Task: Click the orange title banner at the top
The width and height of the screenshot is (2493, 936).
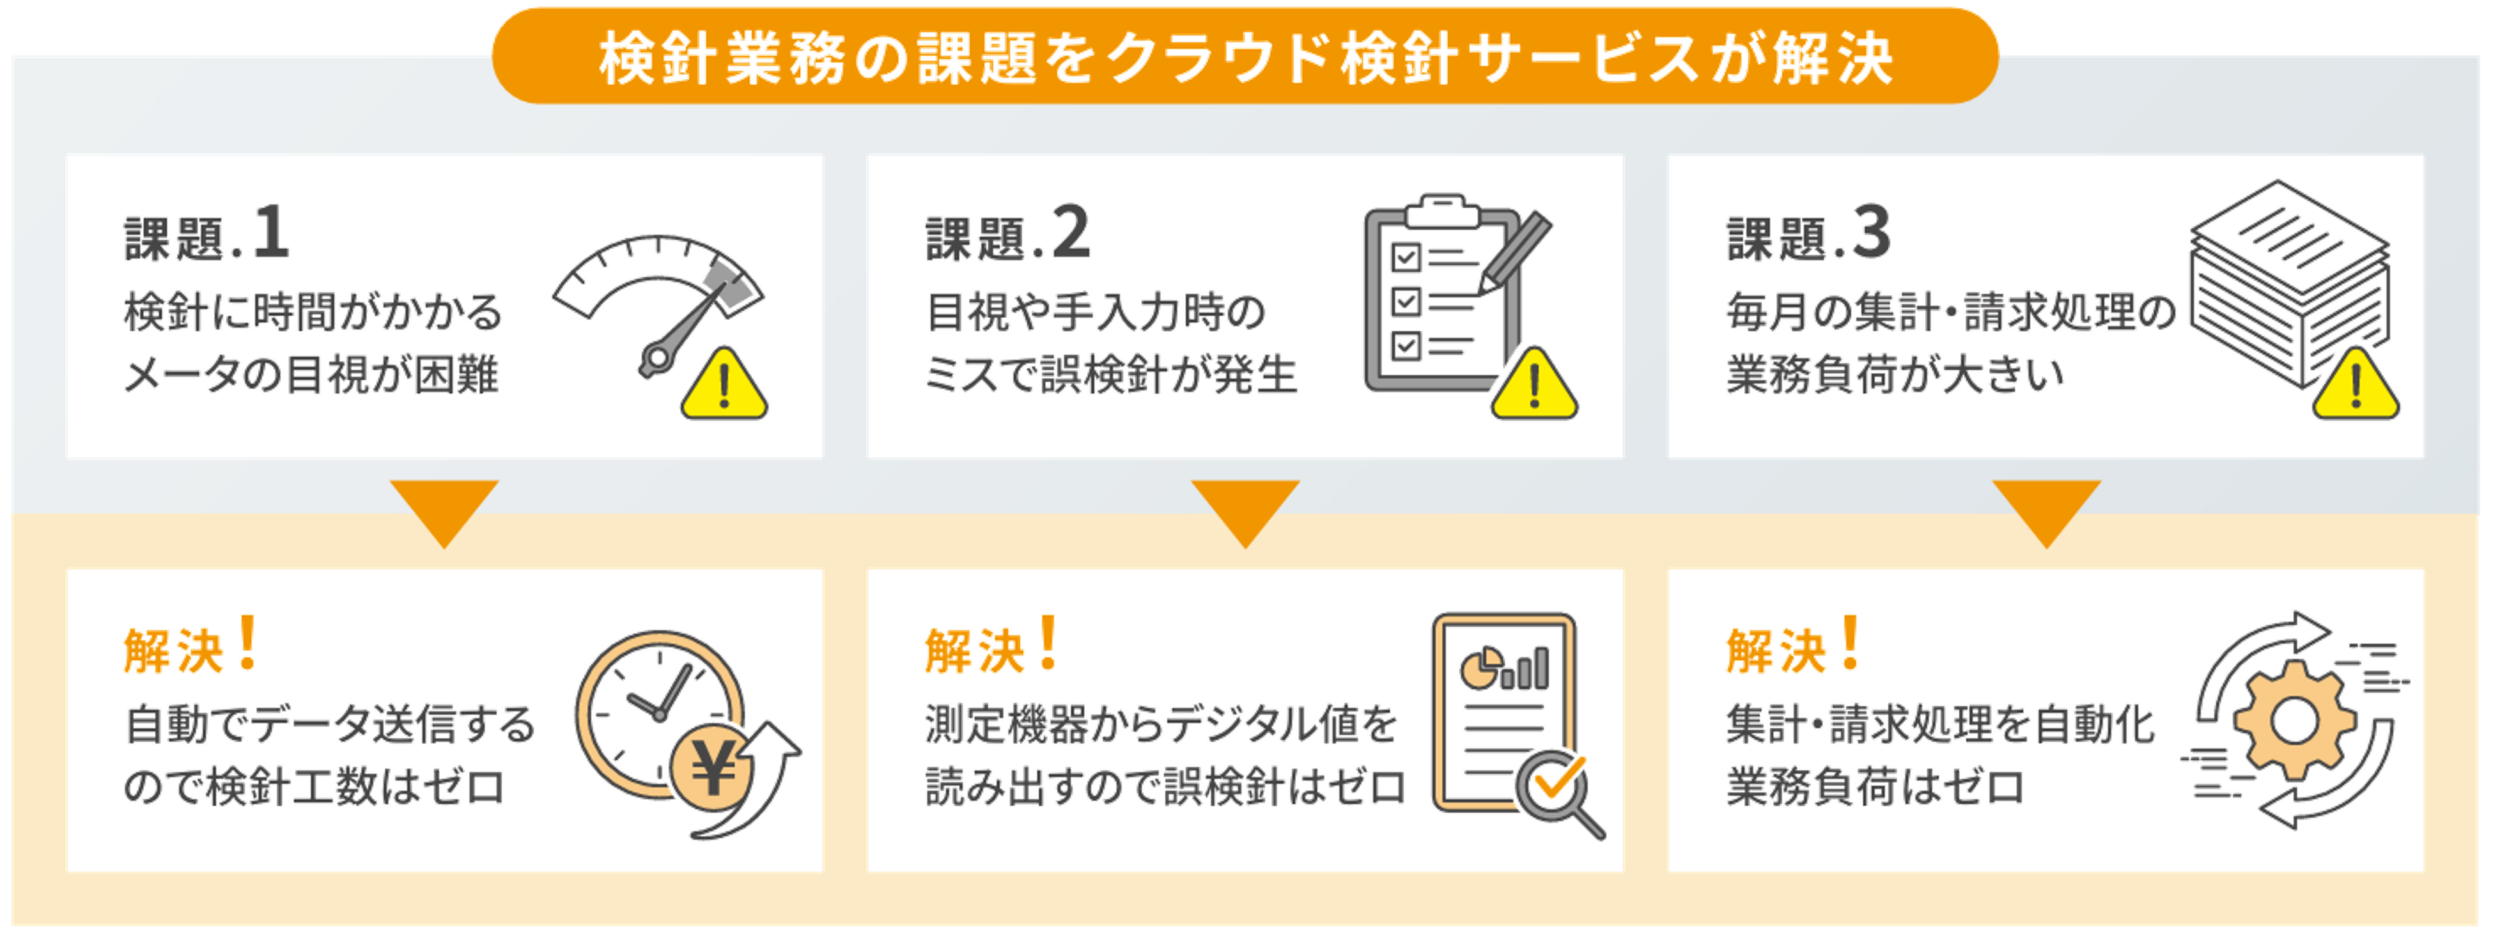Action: click(1245, 56)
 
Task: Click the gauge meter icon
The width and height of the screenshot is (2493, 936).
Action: click(658, 300)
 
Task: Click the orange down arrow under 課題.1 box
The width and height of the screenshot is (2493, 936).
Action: click(444, 509)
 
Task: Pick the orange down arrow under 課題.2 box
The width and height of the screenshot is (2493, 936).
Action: click(1245, 509)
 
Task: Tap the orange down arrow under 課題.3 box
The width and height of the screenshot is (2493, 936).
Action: click(2046, 509)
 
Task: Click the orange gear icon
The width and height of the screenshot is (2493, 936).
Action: click(2294, 721)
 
